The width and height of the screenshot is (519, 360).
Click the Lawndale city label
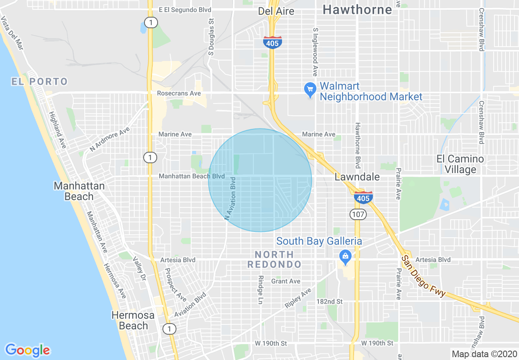357,177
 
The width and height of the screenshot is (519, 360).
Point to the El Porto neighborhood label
39,81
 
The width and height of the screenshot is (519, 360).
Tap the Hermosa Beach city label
133,320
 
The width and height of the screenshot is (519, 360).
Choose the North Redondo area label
274,259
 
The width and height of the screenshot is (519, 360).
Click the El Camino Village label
460,164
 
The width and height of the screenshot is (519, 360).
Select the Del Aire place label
276,11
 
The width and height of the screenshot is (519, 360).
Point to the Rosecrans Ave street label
179,93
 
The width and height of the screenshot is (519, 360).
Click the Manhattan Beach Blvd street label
192,176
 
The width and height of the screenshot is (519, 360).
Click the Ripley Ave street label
298,298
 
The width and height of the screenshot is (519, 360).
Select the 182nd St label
329,301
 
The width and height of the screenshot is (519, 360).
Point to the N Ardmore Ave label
110,139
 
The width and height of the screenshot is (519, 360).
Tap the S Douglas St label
211,36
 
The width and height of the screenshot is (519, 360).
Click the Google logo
27,350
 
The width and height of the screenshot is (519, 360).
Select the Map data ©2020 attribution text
483,354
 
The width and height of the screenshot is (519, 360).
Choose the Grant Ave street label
286,281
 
